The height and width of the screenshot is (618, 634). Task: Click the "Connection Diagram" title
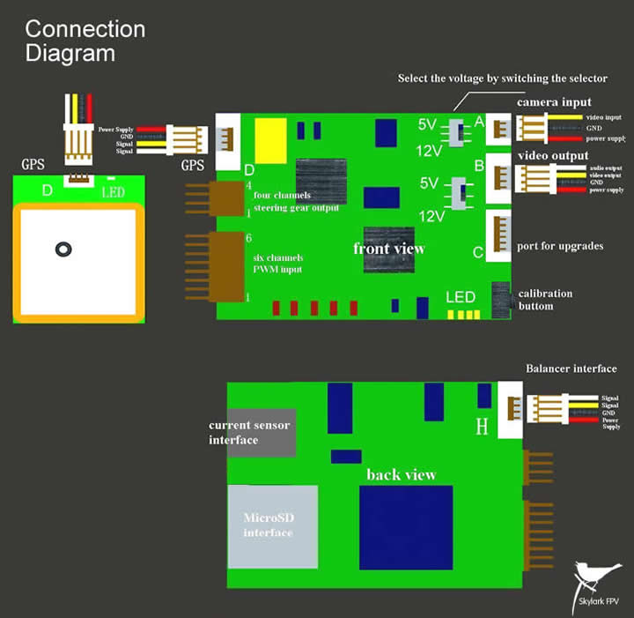[x=85, y=41]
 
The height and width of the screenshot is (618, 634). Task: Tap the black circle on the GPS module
[x=63, y=249]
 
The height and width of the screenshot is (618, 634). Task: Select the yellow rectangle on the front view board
[x=270, y=141]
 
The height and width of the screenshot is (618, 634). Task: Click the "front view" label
[x=389, y=249]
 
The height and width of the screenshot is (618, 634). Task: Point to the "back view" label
[x=402, y=474]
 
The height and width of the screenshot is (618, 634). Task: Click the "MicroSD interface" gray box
[x=272, y=525]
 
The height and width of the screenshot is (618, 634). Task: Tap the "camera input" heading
[x=553, y=102]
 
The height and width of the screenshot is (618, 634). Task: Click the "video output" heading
[x=554, y=156]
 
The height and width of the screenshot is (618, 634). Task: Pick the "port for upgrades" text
[x=561, y=246]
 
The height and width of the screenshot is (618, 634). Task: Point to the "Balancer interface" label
[x=571, y=369]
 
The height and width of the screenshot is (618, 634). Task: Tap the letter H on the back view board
[x=482, y=428]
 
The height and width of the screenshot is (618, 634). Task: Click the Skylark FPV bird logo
[x=592, y=578]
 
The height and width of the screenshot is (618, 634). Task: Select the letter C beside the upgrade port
[x=478, y=253]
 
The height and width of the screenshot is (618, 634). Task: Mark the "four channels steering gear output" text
[x=295, y=201]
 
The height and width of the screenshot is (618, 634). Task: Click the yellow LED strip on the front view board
[x=463, y=314]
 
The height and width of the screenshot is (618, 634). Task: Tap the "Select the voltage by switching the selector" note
[x=503, y=78]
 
